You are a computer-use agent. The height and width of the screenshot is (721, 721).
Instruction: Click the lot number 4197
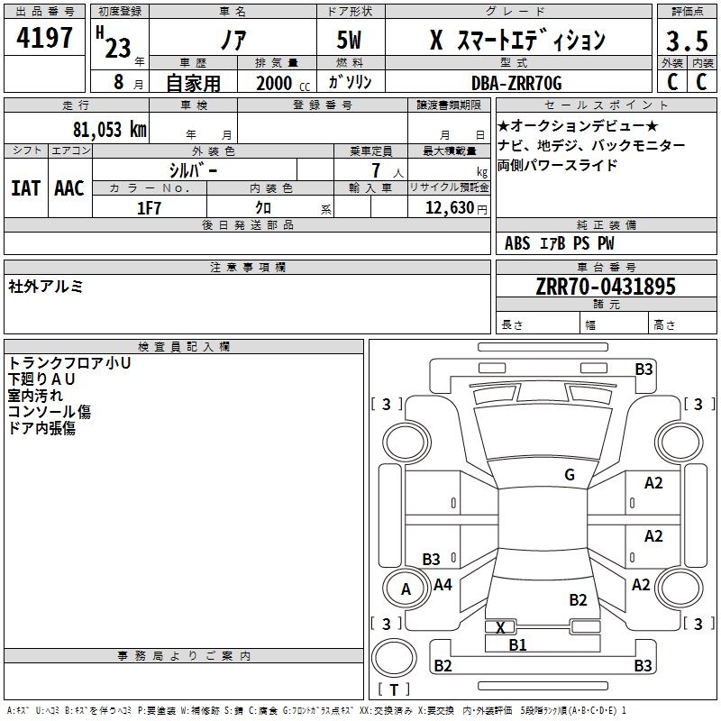click(x=45, y=41)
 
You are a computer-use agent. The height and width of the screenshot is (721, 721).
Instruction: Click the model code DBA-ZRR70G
click(x=516, y=83)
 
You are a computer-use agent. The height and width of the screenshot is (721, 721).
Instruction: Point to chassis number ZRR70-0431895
click(x=606, y=287)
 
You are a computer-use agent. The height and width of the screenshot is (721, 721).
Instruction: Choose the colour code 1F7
click(x=149, y=208)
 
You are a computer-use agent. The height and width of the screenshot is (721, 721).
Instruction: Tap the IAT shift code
click(x=25, y=187)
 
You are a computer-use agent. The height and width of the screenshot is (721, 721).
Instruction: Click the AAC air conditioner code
click(x=69, y=187)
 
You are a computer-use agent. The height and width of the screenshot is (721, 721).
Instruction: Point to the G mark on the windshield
click(x=569, y=475)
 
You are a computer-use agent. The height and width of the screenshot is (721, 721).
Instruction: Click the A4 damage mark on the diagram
click(x=443, y=585)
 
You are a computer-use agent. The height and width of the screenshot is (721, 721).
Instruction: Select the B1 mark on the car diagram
click(x=517, y=644)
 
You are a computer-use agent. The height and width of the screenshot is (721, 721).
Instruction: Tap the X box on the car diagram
click(x=500, y=627)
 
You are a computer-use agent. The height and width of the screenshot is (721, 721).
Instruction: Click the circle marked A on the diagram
click(x=406, y=589)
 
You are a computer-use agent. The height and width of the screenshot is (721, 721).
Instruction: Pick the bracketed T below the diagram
click(x=394, y=689)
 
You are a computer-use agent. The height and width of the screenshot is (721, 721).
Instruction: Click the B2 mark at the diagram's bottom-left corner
click(x=443, y=666)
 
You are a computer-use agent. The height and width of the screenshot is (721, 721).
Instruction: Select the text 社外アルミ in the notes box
click(x=46, y=286)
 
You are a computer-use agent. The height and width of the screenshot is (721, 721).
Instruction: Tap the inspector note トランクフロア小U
click(x=69, y=363)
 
